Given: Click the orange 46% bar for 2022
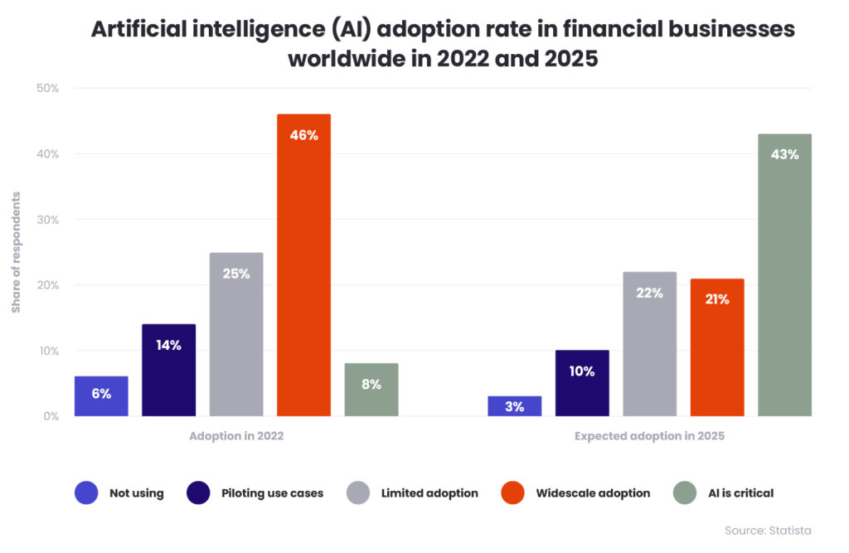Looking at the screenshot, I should coord(303,265).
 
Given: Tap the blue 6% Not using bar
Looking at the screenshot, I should coord(101,396).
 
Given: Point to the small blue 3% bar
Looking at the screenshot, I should coord(514,406).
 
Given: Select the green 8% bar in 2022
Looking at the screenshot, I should coord(371,390).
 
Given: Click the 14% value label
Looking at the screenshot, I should coord(168,345).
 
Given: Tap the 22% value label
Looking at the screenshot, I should coord(649,293).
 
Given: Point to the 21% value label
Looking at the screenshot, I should coord(717,299).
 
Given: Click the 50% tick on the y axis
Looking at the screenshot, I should coord(46,88).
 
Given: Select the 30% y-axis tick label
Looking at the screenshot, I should coord(46,220).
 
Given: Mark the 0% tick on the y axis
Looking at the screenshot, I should coord(50,416).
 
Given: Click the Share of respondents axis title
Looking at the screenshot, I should coord(16,253).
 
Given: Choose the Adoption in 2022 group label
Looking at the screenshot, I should coord(236,436).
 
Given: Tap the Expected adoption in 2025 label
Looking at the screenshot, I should coord(649,436).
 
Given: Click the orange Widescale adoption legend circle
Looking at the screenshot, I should coord(513,493).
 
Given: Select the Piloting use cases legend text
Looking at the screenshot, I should coord(272,493).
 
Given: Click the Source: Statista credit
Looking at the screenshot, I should coord(768,531).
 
